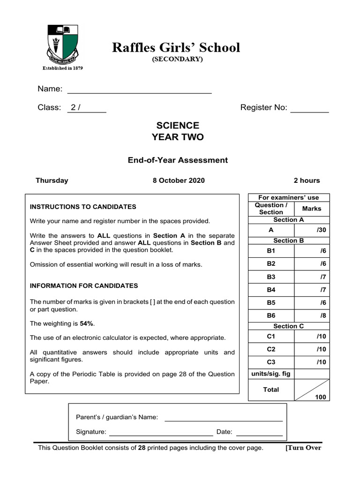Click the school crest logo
(x=62, y=46)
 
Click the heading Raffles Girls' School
(x=176, y=48)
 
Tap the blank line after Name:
(x=140, y=90)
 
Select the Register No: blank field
(x=309, y=108)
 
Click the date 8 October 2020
(x=179, y=180)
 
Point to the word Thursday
(x=52, y=180)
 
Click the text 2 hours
(x=307, y=180)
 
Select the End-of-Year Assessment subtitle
(x=178, y=160)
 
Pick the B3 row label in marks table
(x=271, y=277)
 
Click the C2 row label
(x=271, y=349)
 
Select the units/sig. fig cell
(x=271, y=374)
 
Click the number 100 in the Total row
(x=320, y=397)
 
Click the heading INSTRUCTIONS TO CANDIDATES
(x=83, y=207)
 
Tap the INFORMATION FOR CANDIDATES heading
(x=84, y=285)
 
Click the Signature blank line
(x=161, y=432)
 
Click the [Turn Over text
(x=303, y=448)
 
